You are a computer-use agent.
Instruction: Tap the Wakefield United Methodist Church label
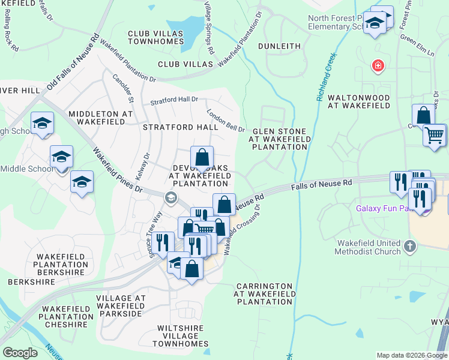(368, 247)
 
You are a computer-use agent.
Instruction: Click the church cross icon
(410, 245)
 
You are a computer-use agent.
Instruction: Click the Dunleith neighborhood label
(279, 46)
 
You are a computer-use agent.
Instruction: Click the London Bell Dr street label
(226, 120)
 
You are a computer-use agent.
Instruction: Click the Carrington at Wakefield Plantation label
(264, 294)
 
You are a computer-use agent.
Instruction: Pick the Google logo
(20, 353)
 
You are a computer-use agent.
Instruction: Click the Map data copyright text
(411, 355)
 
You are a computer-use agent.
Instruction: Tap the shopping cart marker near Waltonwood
(434, 134)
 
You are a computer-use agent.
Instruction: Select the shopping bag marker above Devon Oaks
(202, 158)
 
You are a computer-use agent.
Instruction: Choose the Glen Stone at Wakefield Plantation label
(280, 139)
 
